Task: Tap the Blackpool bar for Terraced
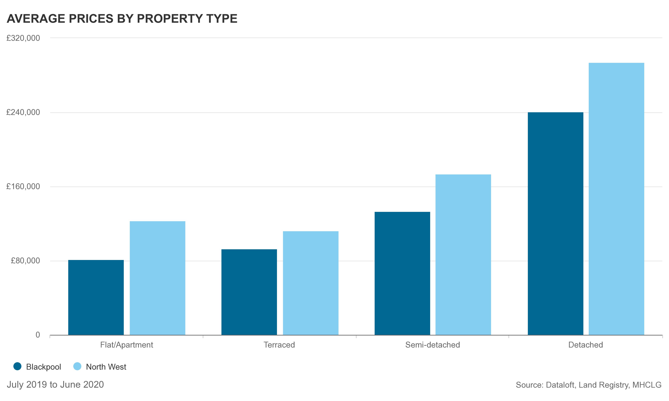click(249, 292)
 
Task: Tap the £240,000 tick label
click(23, 112)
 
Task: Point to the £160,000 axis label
click(23, 186)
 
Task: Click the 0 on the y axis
click(38, 335)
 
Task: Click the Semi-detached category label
click(432, 345)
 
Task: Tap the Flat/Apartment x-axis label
click(127, 345)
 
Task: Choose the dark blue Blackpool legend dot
click(17, 366)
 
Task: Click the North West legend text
click(106, 367)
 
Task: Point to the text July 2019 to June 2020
click(55, 384)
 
